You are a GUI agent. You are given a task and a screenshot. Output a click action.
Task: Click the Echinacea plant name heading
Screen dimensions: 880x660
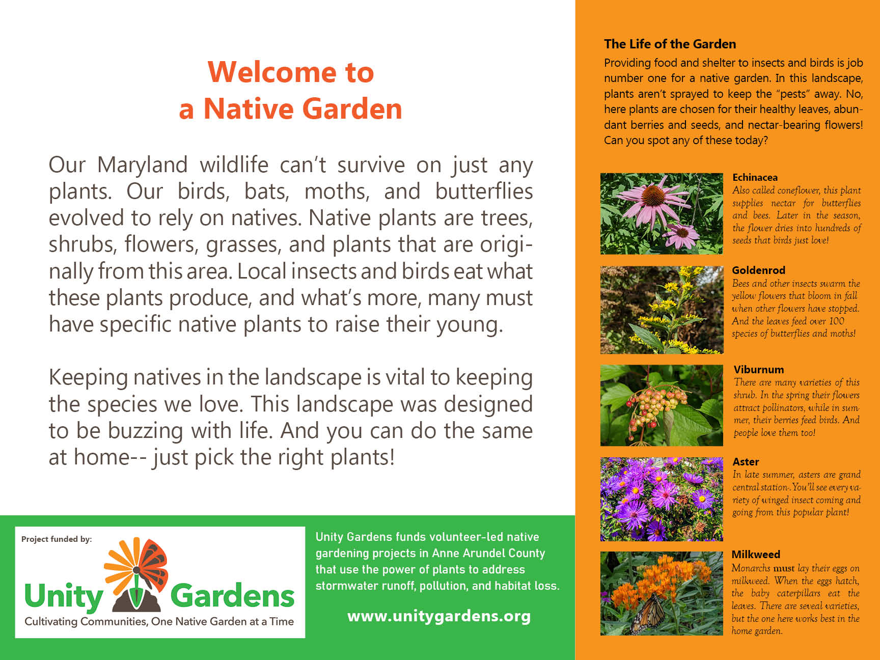click(755, 177)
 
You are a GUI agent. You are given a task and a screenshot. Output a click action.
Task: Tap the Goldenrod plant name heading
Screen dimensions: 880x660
click(758, 270)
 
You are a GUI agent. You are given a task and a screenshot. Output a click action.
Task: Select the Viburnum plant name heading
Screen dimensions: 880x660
click(759, 370)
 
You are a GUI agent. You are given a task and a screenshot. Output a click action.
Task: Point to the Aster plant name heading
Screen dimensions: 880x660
click(746, 462)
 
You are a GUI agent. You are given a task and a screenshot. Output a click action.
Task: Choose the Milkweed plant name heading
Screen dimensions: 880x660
click(756, 555)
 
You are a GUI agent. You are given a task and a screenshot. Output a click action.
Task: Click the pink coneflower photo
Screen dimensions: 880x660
click(662, 214)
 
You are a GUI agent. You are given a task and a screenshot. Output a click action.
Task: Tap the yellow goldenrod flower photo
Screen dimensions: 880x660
click(662, 310)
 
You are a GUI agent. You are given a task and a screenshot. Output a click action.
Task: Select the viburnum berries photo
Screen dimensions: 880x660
click(662, 405)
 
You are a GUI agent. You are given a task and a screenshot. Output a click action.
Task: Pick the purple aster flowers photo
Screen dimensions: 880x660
click(662, 499)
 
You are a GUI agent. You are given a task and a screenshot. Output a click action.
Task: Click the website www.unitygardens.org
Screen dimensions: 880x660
click(439, 616)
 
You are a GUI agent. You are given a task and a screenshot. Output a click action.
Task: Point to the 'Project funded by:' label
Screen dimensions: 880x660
click(57, 539)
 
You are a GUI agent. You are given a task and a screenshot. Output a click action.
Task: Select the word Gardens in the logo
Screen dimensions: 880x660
click(232, 596)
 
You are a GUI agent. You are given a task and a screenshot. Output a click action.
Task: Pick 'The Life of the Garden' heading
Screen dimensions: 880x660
click(670, 44)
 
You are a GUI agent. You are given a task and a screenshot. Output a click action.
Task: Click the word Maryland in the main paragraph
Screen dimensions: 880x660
click(143, 165)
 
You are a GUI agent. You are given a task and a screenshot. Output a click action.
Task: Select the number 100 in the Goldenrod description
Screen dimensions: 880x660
click(837, 321)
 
